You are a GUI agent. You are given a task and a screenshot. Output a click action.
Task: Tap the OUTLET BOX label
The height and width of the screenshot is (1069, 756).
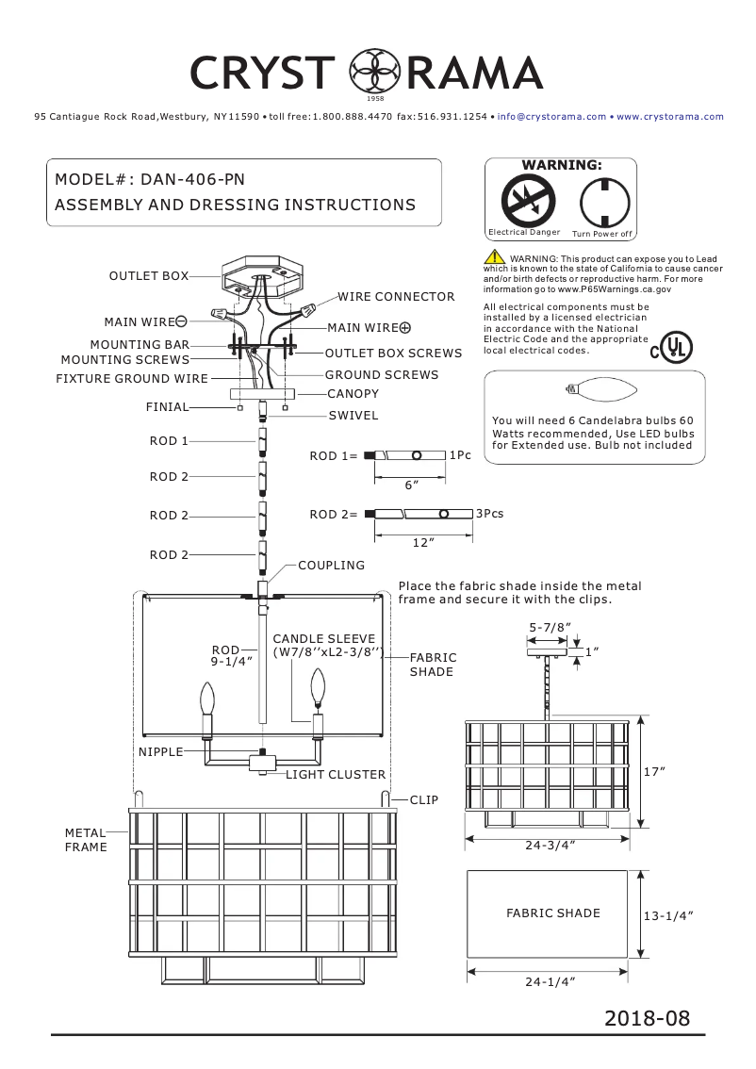(148, 275)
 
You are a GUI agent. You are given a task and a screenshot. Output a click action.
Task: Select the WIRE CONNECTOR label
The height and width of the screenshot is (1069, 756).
(396, 297)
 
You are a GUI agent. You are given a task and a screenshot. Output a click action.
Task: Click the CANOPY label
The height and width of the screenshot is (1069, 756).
(353, 393)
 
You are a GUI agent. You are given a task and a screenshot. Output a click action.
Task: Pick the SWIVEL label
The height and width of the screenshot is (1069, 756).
(353, 415)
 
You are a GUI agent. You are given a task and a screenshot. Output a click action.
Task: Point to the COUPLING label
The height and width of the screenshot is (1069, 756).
(331, 566)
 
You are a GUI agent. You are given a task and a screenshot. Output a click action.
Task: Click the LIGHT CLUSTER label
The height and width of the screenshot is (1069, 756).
(336, 775)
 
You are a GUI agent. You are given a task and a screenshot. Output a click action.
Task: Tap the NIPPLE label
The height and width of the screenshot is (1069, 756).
(167, 752)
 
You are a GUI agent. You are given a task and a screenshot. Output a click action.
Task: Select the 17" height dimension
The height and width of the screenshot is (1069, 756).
(654, 771)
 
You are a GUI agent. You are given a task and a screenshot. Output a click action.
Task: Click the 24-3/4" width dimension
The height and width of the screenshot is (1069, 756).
(550, 846)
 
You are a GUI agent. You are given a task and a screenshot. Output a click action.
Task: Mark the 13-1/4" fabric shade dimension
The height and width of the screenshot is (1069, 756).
(667, 915)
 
